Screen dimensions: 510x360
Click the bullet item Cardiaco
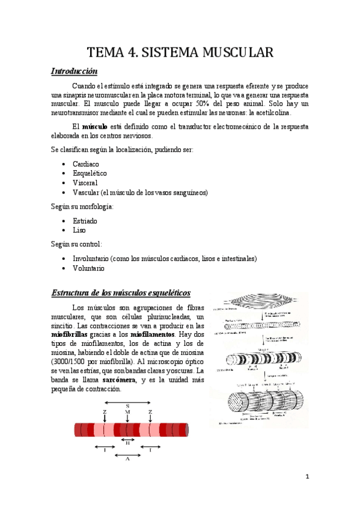[x=86, y=164]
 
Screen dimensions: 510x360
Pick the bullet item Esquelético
[x=90, y=173]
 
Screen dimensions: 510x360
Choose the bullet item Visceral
[x=85, y=183]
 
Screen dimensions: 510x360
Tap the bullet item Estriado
[x=85, y=221]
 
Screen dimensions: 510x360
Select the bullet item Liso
[x=79, y=230]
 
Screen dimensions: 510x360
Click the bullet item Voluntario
[x=88, y=268]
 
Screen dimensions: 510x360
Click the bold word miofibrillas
[x=70, y=334]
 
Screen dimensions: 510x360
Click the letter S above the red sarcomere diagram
[x=127, y=406]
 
